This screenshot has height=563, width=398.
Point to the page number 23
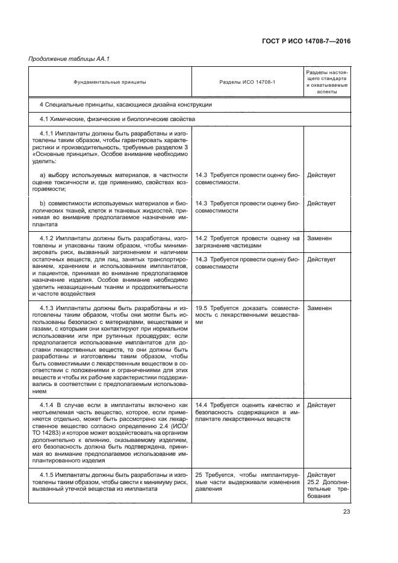click(346, 512)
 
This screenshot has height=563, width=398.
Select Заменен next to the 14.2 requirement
click(319, 238)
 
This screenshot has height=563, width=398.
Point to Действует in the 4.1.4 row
click(322, 405)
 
